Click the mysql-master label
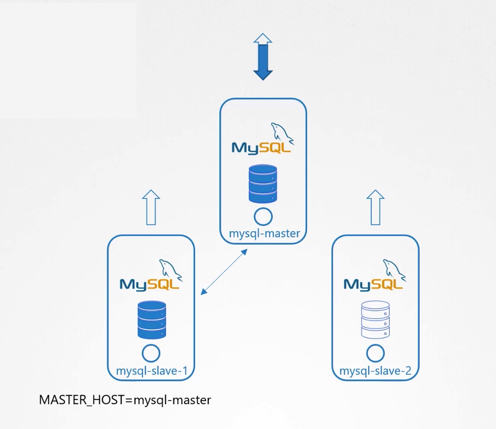[264, 234]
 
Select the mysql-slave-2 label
[375, 371]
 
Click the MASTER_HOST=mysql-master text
[125, 399]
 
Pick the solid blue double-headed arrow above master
[263, 56]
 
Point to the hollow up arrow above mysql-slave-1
[151, 207]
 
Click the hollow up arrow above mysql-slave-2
[375, 207]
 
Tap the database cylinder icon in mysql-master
[263, 184]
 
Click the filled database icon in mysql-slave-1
[152, 320]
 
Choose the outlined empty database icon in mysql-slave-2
[375, 320]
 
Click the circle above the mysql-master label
[263, 217]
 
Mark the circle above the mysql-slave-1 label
[151, 354]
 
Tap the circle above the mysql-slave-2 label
[375, 354]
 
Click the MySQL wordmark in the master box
[261, 148]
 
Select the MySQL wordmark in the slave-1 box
[149, 285]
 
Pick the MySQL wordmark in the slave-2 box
[373, 285]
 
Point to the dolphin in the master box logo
[282, 133]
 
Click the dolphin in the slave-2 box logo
[394, 269]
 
